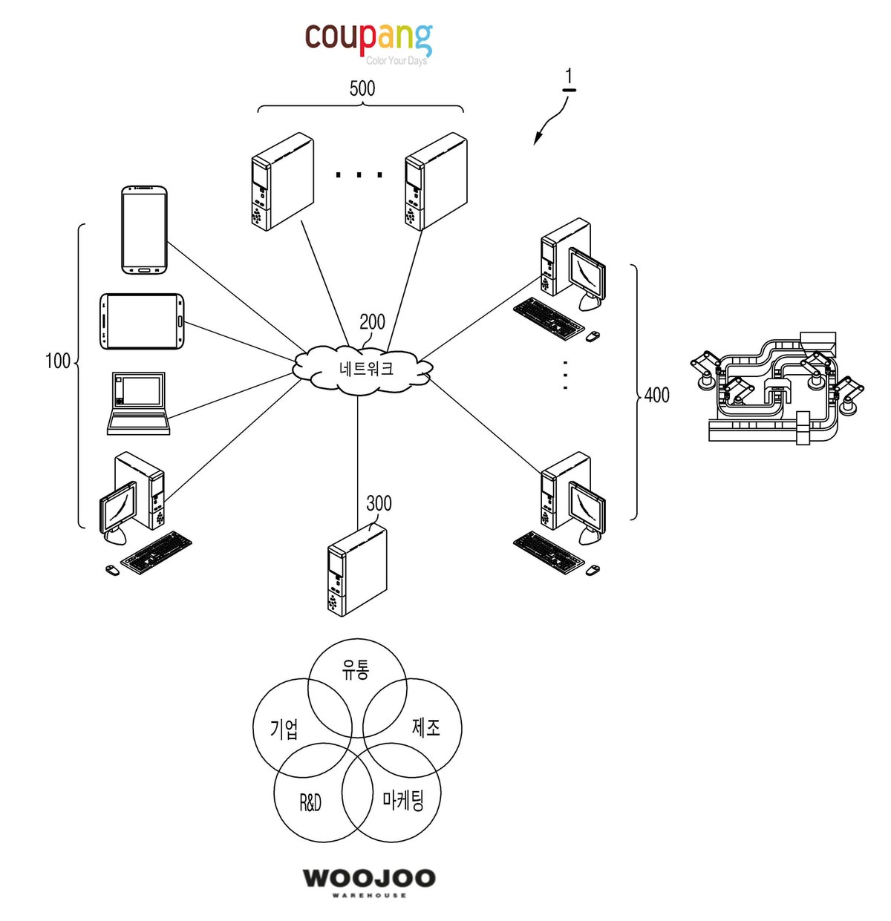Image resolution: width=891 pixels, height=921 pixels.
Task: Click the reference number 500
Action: tap(362, 88)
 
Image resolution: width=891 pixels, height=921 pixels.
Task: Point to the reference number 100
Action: tap(58, 361)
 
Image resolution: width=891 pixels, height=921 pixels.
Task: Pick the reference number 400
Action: tap(656, 395)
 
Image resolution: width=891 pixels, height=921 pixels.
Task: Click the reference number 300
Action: tap(379, 503)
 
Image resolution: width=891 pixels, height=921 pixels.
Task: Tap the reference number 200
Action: tap(372, 322)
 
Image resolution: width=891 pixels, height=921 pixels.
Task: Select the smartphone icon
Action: tap(144, 230)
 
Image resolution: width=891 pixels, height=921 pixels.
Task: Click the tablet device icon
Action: tap(142, 321)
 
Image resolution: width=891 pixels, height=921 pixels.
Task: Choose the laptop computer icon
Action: tap(138, 404)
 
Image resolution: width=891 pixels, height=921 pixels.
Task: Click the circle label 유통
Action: tap(355, 669)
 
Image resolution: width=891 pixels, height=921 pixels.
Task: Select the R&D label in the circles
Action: tap(310, 802)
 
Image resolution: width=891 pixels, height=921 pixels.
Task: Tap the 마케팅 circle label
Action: tap(403, 800)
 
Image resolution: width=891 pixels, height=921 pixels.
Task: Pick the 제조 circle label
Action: tap(425, 728)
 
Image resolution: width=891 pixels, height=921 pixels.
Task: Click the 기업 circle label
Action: tap(284, 729)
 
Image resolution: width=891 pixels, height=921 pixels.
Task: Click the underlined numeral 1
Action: tap(569, 79)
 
